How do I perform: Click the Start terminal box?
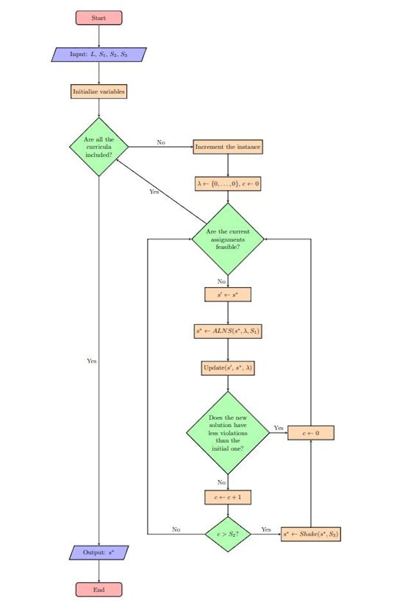[99, 18]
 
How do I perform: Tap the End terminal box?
[99, 589]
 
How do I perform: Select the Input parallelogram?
[99, 55]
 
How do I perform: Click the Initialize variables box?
[99, 92]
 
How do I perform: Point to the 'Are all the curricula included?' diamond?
[99, 147]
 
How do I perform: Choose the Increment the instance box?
[228, 147]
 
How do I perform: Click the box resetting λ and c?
[228, 184]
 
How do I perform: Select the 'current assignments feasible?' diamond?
[228, 239]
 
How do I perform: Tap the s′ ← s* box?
[228, 294]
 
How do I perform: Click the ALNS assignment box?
[228, 332]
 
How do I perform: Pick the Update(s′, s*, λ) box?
[228, 368]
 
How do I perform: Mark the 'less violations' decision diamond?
[228, 433]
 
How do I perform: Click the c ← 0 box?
[311, 433]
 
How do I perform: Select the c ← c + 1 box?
[228, 497]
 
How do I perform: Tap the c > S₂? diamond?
[228, 534]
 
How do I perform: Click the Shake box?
[311, 534]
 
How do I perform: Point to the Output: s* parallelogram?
[99, 552]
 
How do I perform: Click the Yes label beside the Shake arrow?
[266, 530]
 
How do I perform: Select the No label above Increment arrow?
[161, 142]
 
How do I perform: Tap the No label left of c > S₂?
[176, 530]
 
